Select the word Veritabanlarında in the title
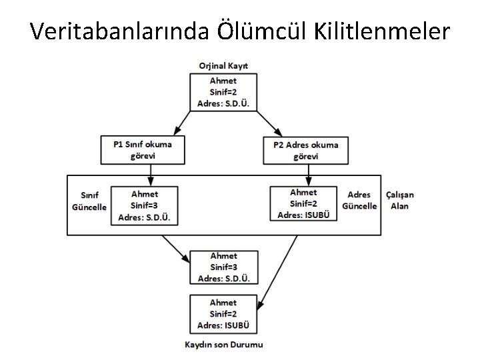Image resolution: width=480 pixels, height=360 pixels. coord(122,31)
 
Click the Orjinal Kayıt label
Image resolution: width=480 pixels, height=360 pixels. coord(223,65)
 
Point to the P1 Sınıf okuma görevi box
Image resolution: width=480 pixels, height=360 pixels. coord(143,150)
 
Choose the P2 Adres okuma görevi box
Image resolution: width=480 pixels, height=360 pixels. coord(305,150)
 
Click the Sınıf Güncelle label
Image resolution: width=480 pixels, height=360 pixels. coord(89,201)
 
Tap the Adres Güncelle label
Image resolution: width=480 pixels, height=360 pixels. coord(359,200)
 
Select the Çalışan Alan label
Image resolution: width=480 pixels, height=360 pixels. coord(400,200)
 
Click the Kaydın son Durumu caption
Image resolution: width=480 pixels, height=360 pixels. coord(223,345)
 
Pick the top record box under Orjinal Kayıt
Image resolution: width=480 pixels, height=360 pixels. coord(223,93)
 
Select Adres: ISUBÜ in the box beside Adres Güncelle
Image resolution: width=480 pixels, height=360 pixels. coord(304,213)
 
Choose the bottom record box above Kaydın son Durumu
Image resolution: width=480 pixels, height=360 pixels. coord(223,314)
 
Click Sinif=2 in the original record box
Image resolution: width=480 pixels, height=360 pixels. coord(223,93)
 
